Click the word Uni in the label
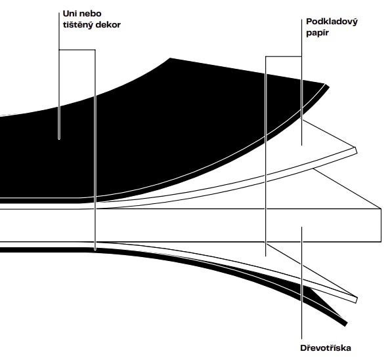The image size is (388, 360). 70,13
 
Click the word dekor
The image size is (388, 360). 108,25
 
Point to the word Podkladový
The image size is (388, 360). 332,22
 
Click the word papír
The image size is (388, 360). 318,33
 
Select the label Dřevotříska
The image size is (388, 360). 326,348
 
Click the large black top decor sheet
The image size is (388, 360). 148,129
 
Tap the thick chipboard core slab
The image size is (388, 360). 190,225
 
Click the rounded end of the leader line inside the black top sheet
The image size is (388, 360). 59,138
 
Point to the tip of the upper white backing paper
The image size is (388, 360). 356,150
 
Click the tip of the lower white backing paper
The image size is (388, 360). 356,300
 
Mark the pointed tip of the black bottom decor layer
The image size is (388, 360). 345,324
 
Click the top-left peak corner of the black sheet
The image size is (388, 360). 170,58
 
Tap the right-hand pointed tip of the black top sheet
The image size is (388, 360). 327,85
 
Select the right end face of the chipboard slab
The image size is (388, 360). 381,225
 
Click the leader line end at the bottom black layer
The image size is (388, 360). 95,250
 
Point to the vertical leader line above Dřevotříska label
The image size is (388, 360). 301,283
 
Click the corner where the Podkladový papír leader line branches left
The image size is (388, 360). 301,56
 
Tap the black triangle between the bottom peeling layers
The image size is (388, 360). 319,298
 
